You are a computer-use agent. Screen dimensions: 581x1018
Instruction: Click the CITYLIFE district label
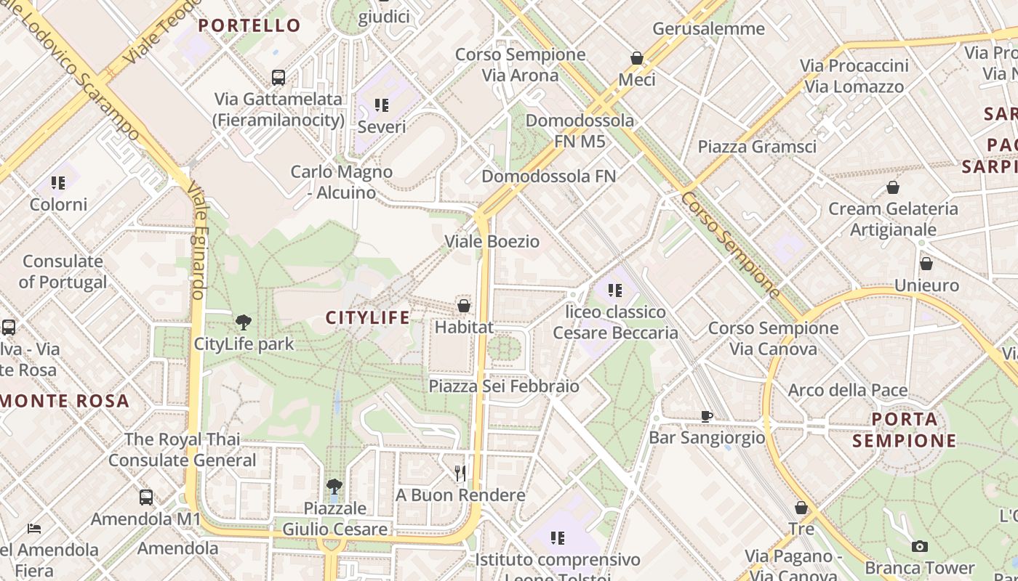click(x=367, y=317)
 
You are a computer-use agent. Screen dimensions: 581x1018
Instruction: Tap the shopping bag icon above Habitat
click(x=464, y=306)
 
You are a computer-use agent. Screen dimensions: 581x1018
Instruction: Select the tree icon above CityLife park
click(x=244, y=322)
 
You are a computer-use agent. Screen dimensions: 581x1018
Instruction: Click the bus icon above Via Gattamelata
click(x=278, y=77)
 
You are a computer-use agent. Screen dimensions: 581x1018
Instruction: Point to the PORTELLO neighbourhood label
click(x=249, y=25)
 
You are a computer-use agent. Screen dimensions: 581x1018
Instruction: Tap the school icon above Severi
click(x=382, y=105)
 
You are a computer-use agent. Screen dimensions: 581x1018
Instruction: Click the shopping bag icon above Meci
click(x=637, y=58)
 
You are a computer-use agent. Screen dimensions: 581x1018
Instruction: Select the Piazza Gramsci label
click(x=757, y=147)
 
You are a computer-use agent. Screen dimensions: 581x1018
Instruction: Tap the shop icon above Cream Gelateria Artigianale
click(x=893, y=188)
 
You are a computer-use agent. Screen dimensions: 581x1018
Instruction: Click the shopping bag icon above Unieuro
click(x=926, y=264)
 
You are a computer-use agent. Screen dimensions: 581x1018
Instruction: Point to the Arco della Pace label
click(x=848, y=391)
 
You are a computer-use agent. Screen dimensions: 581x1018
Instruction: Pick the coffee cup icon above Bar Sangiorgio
click(x=706, y=416)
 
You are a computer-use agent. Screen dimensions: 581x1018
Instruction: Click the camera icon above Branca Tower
click(x=919, y=546)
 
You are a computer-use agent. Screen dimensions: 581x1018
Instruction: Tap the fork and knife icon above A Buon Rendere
click(x=460, y=474)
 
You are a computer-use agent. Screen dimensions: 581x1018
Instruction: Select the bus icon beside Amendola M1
click(x=146, y=497)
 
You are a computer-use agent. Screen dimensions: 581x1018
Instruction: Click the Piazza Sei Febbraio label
click(x=504, y=386)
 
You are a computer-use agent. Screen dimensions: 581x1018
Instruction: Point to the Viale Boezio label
click(x=492, y=241)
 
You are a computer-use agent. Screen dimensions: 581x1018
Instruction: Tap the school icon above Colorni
click(x=58, y=183)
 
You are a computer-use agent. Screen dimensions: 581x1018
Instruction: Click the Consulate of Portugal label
click(x=63, y=272)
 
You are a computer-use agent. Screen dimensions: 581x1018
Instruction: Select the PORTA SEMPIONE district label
click(x=905, y=430)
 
